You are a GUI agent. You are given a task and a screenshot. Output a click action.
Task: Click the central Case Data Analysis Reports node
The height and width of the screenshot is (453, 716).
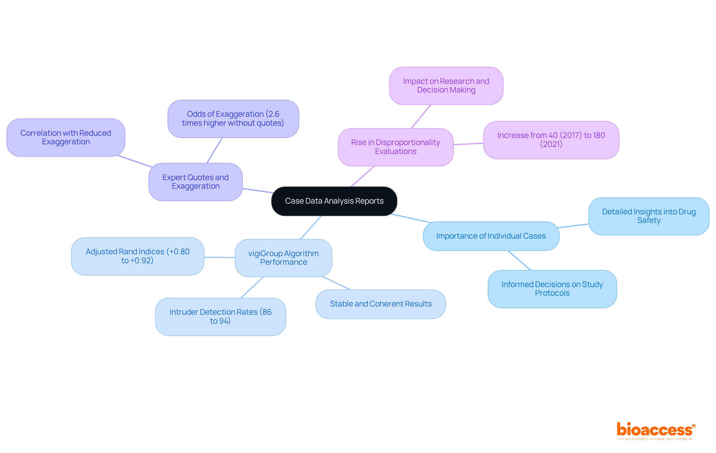point(334,201)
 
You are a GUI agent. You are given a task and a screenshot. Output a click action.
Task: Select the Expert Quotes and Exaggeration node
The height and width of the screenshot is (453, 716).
point(195,182)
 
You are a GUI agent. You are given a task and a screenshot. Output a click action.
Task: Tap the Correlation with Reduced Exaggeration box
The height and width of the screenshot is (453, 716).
point(66,138)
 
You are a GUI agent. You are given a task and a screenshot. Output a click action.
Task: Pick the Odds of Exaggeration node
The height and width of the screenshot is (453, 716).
point(233,119)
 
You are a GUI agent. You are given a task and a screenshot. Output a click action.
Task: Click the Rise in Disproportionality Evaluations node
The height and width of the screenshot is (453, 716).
point(395,147)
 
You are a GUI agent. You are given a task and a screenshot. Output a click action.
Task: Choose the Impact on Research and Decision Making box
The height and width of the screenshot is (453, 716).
point(446,86)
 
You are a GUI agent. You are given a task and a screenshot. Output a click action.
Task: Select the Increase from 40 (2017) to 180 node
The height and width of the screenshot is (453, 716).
point(551,140)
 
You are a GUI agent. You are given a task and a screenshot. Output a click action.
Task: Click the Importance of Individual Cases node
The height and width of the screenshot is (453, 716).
point(491,236)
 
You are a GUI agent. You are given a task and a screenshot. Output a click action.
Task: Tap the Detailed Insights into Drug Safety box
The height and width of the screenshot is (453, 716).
point(649,216)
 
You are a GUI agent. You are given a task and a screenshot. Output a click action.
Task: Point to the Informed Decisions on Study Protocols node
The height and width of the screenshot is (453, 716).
point(552,289)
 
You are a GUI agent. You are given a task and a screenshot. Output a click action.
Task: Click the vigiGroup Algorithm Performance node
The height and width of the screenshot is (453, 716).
point(283,258)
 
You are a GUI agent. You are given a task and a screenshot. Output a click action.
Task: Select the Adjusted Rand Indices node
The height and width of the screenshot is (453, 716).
point(138,256)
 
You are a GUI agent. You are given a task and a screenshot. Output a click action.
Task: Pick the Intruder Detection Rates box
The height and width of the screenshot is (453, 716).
point(220,317)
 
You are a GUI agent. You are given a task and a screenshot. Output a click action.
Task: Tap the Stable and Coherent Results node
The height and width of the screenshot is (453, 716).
point(380,304)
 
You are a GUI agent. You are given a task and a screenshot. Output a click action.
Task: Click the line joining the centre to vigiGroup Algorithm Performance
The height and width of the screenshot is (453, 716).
point(311,227)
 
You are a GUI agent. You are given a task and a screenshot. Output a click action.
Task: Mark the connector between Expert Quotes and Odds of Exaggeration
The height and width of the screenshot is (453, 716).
point(214,150)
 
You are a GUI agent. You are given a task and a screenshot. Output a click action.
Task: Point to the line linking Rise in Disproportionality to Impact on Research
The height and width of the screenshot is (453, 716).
point(421,116)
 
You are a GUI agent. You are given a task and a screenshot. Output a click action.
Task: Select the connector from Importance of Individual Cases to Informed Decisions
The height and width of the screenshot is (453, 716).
point(519,260)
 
